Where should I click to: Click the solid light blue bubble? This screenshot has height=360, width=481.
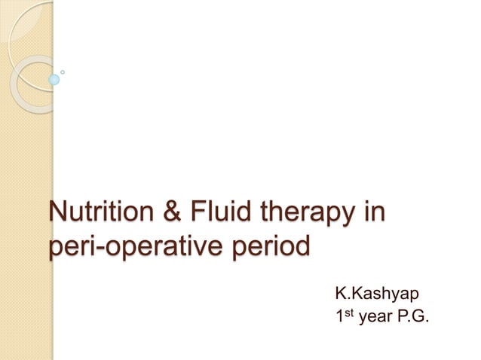(x=54, y=79)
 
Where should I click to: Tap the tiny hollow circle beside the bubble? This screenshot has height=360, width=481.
(x=63, y=72)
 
